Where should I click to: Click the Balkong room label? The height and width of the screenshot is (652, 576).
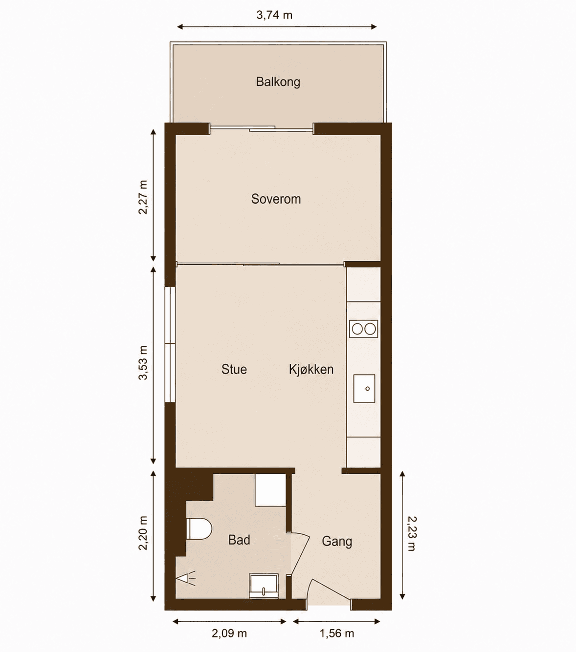click(278, 82)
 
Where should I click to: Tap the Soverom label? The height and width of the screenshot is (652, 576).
click(276, 199)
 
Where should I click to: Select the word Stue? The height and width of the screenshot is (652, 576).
click(234, 369)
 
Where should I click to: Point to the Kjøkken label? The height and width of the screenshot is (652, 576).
click(311, 369)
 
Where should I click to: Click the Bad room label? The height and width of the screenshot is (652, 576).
click(239, 540)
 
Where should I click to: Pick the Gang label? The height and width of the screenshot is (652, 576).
click(337, 541)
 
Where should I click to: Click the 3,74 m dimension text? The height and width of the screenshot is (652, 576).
click(274, 15)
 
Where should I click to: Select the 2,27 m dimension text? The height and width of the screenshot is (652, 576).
click(143, 197)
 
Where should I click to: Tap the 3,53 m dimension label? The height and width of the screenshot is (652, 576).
click(143, 363)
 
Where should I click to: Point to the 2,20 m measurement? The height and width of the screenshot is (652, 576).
click(143, 533)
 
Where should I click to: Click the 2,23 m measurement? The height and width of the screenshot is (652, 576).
click(412, 534)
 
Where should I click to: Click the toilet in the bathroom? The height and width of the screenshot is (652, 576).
click(199, 529)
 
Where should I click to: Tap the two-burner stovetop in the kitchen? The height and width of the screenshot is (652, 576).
click(363, 329)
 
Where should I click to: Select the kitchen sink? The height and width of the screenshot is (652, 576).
click(364, 388)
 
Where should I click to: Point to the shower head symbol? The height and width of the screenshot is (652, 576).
click(186, 578)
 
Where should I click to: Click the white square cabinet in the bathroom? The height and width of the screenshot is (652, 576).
click(270, 490)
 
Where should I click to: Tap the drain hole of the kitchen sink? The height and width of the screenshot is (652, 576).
click(368, 389)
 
